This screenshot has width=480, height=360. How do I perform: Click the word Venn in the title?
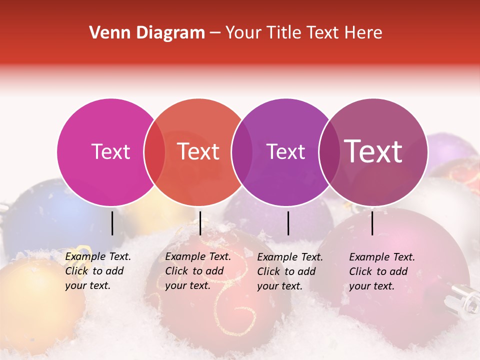[x=110, y=33]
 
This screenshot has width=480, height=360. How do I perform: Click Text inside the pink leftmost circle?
[x=110, y=151]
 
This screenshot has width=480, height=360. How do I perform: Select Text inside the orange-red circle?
[x=198, y=151]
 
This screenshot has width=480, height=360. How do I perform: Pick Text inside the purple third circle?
[x=286, y=151]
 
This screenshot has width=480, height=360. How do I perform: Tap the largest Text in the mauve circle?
[x=373, y=151]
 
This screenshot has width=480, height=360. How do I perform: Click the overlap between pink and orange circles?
[x=154, y=152]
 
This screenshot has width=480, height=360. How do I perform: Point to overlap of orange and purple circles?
[x=242, y=152]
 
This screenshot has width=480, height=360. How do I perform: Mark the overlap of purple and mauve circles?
[x=329, y=152]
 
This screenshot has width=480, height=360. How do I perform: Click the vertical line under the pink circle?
[x=112, y=223]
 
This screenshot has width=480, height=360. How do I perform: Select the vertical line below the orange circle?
[x=200, y=223]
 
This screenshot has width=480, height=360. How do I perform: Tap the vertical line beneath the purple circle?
[x=288, y=223]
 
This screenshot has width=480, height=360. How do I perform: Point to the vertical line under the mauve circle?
[x=372, y=223]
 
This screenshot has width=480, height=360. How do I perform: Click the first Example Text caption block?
[x=98, y=271]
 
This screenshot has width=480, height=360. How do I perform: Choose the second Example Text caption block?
[x=198, y=271]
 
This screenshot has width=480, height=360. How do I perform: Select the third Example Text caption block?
[x=290, y=271]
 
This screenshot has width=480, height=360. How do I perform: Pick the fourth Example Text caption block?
[x=382, y=271]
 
